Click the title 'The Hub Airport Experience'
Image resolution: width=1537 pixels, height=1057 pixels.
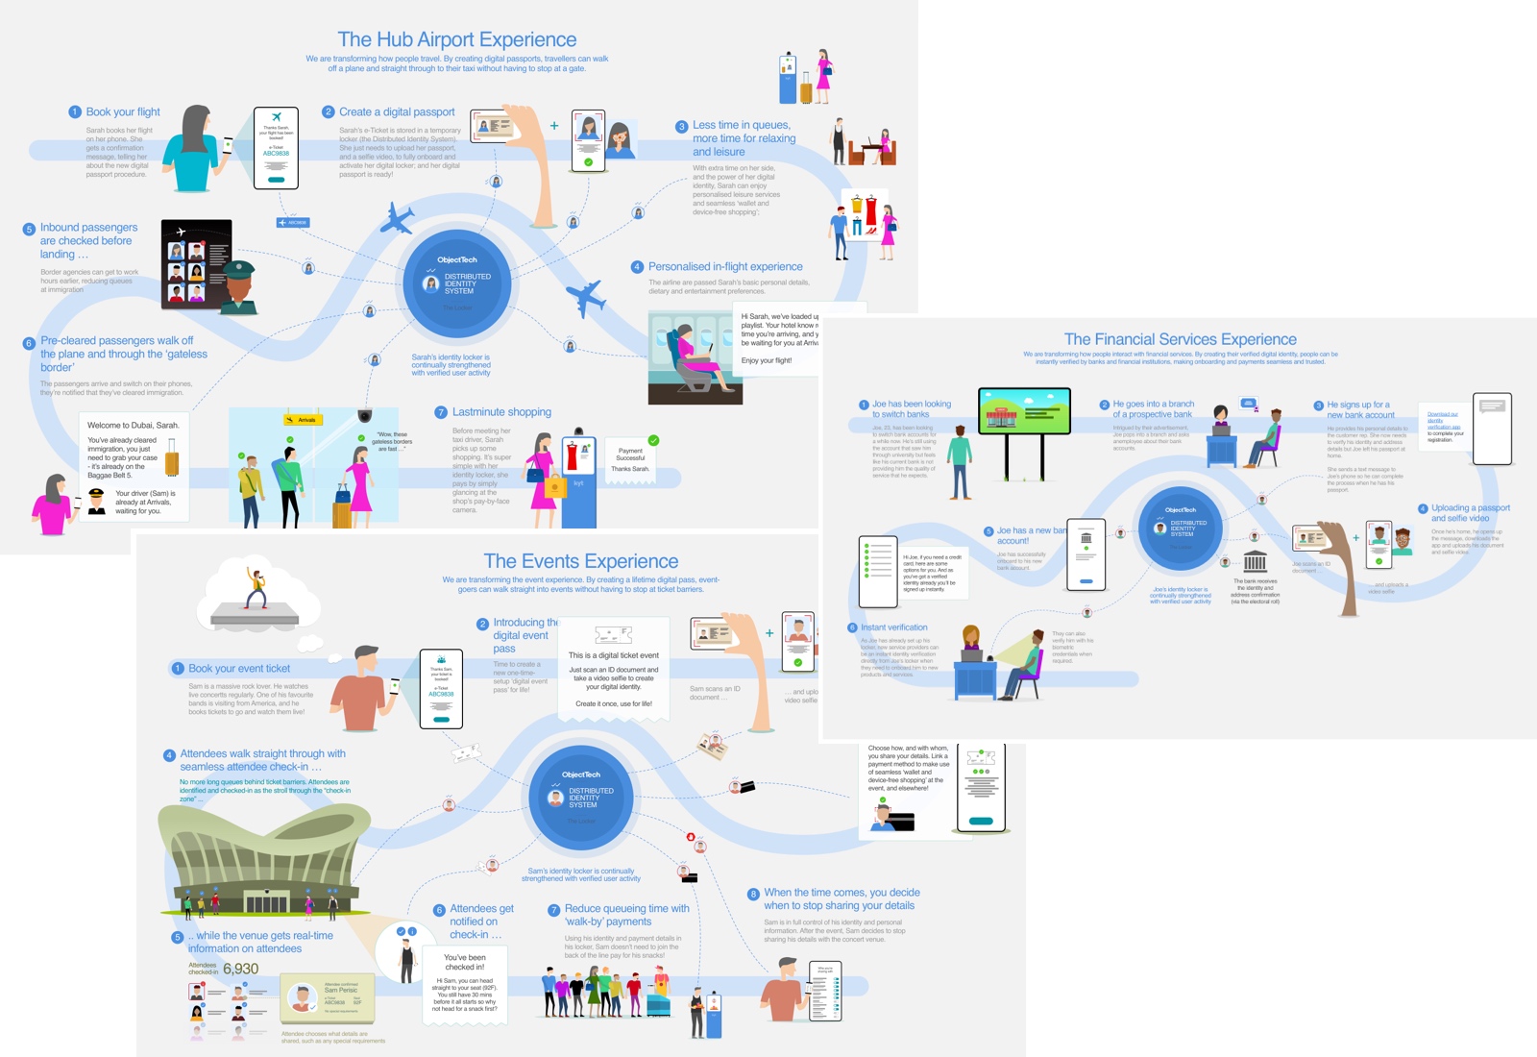click(456, 39)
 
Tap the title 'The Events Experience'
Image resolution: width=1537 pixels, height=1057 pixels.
click(580, 561)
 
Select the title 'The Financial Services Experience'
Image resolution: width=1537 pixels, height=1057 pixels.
click(1180, 339)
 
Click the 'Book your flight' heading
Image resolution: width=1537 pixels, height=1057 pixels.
click(123, 112)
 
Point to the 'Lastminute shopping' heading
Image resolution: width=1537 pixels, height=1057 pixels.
click(501, 412)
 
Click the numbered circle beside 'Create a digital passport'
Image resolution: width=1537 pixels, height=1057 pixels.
click(328, 112)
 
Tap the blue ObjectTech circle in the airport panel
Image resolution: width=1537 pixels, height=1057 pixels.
click(456, 283)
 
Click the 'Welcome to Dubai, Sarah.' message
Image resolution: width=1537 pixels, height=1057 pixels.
click(133, 425)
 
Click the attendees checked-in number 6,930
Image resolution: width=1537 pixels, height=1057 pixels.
click(240, 969)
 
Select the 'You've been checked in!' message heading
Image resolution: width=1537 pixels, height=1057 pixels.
click(465, 962)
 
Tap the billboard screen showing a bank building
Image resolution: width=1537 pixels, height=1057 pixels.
click(1024, 411)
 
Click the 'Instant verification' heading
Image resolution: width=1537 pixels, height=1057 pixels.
click(893, 627)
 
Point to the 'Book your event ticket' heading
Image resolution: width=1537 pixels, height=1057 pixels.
click(239, 669)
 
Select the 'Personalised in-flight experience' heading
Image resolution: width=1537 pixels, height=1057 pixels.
click(725, 267)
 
